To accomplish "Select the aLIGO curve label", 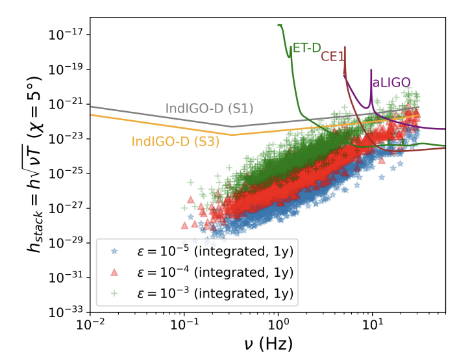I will tap(391, 83).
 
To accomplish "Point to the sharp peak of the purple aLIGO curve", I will tap(371, 70).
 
